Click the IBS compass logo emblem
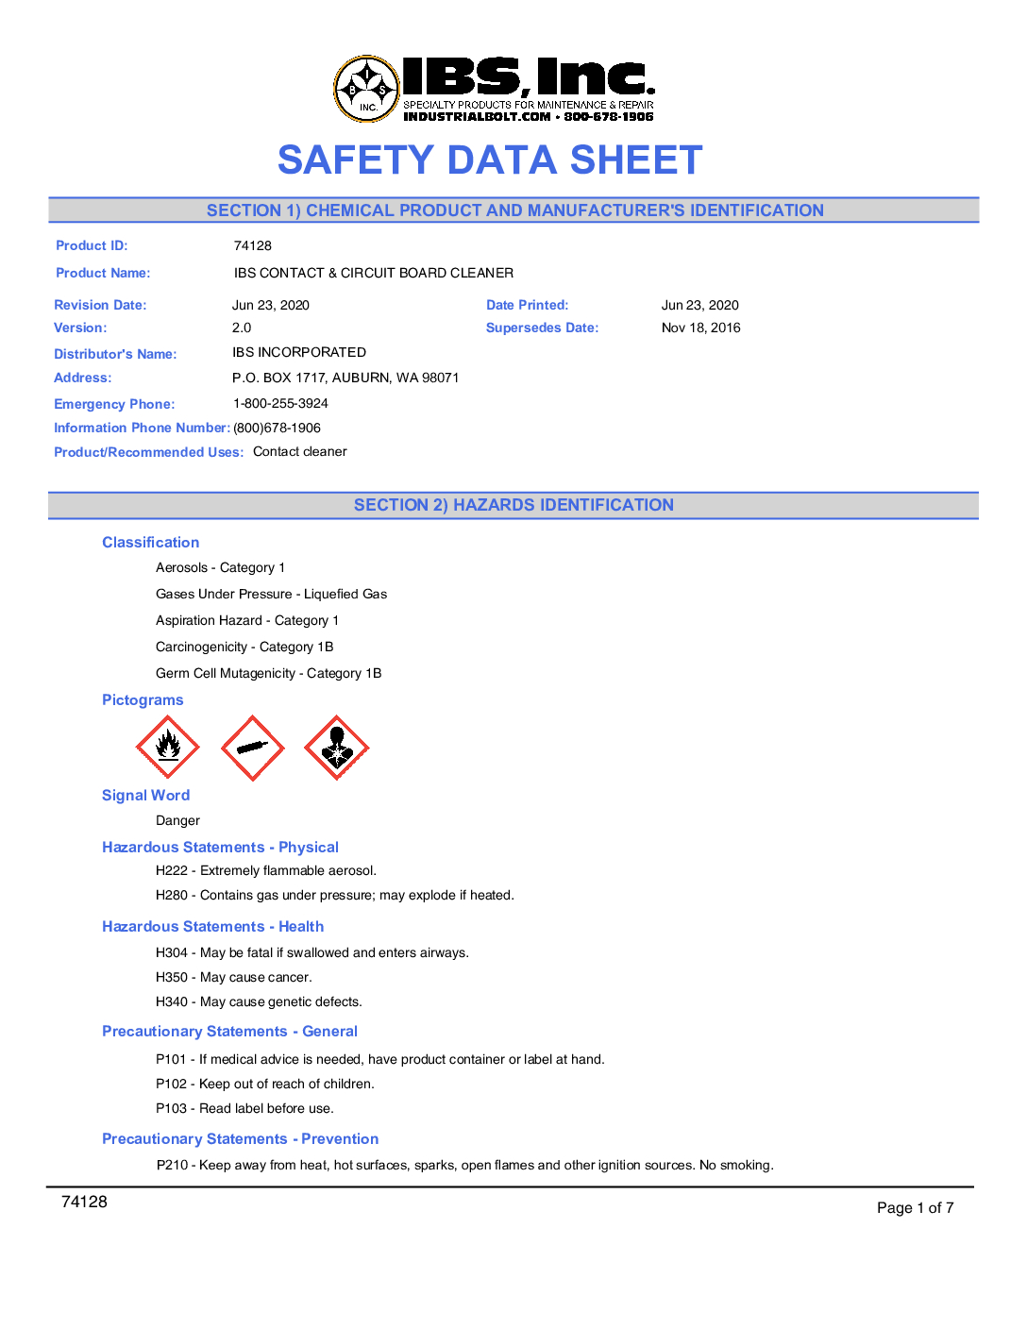[367, 89]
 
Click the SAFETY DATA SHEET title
[490, 160]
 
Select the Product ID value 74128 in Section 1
[253, 245]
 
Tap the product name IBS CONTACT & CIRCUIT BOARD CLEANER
[374, 273]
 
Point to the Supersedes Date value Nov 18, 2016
[700, 328]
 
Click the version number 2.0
[242, 328]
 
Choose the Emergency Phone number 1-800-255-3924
[280, 403]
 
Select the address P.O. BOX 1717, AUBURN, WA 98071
[345, 378]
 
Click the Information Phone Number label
[142, 428]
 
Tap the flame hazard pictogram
[168, 748]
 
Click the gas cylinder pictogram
[252, 748]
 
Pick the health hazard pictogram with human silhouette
[336, 748]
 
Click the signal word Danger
[177, 820]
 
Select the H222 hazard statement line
[266, 870]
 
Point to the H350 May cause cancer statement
[233, 977]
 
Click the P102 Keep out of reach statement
[264, 1084]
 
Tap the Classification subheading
[150, 543]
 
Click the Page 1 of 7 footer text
[915, 1207]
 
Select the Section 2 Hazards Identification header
[513, 505]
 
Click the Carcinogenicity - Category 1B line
[244, 647]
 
